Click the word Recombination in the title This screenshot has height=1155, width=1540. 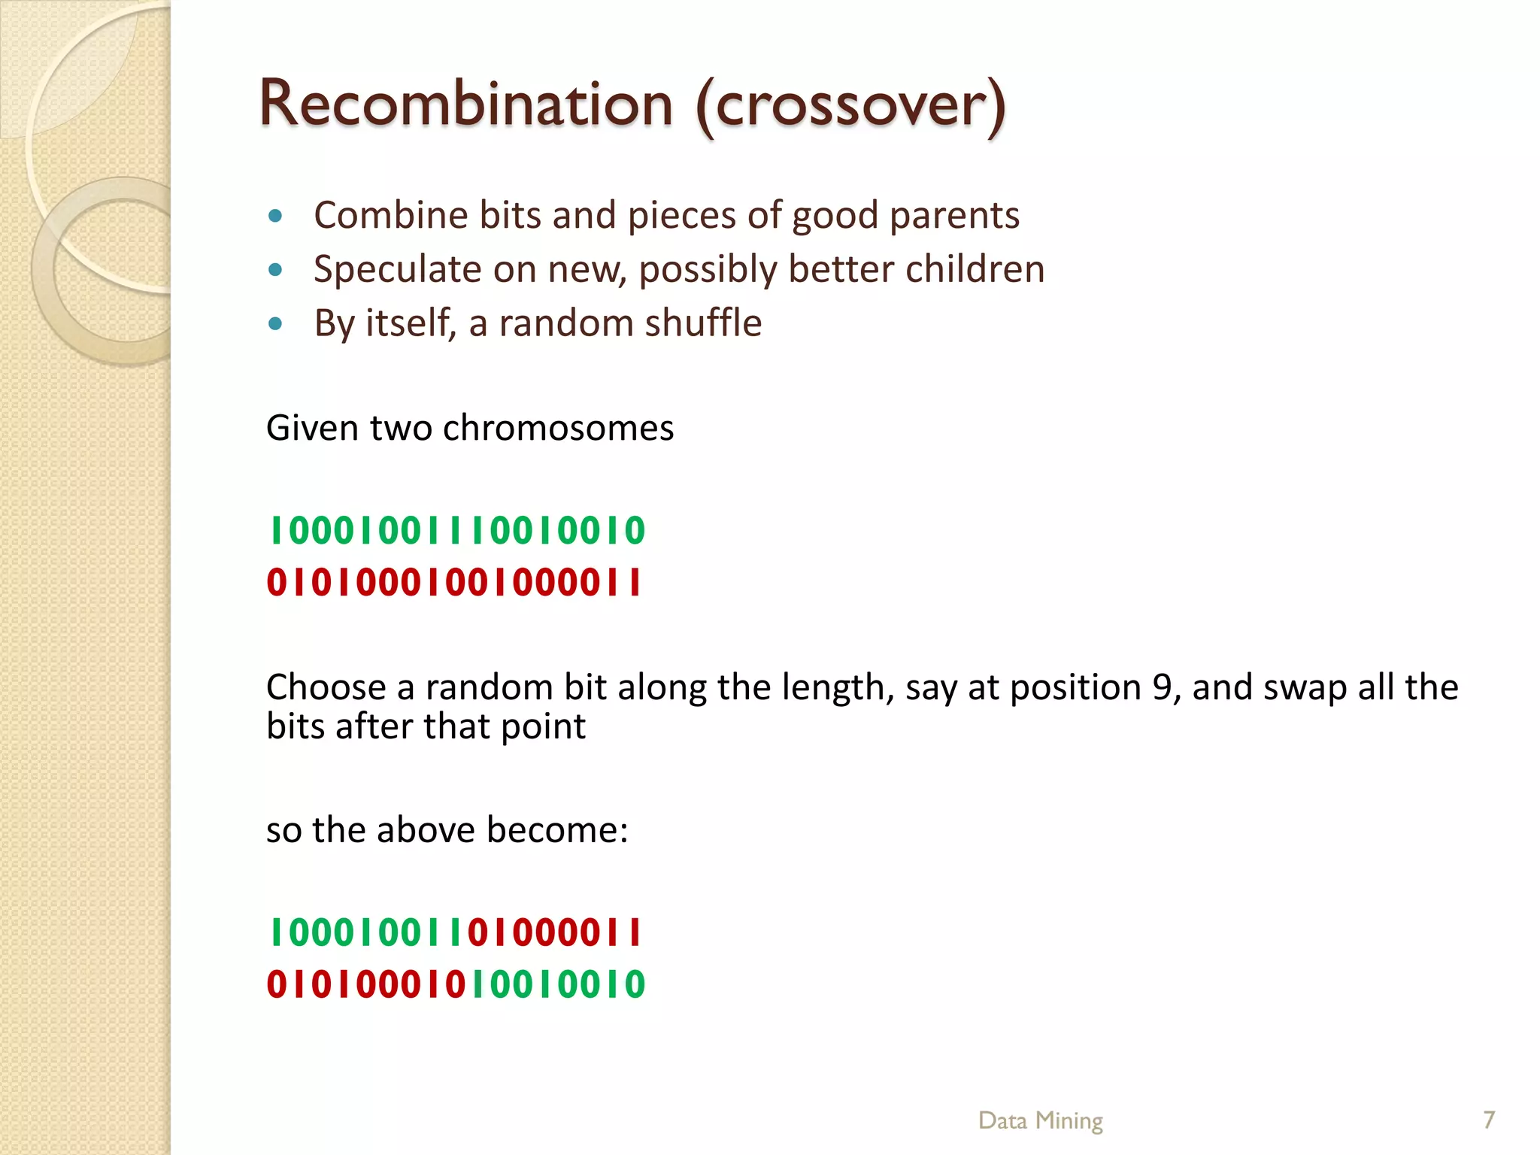pos(465,104)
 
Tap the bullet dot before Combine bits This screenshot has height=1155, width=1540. pos(275,217)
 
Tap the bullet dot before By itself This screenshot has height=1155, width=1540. pos(275,324)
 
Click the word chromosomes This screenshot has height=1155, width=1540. pos(558,428)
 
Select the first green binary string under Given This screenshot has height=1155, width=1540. pos(456,531)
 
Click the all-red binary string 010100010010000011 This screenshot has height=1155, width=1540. pos(454,583)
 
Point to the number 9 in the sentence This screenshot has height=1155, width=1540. pos(1162,687)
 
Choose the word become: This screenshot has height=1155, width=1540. pos(556,830)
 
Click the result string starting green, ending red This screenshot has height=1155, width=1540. pos(454,933)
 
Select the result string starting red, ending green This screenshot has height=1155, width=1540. pos(456,985)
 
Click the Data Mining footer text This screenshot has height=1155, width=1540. pos(1040,1120)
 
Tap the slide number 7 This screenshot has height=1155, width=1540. pos(1489,1120)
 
